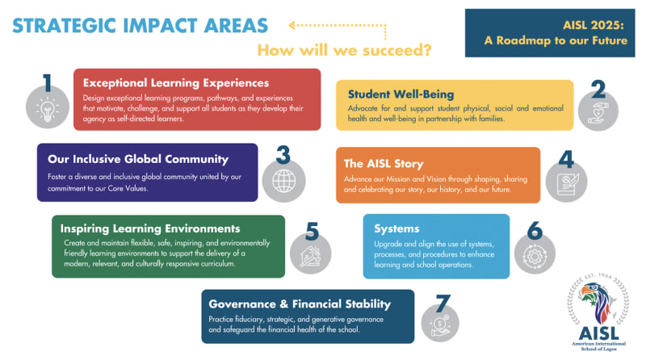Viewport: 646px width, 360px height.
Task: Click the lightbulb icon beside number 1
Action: pyautogui.click(x=48, y=109)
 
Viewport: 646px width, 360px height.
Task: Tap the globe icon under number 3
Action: pyautogui.click(x=284, y=181)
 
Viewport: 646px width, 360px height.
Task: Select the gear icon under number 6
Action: pyautogui.click(x=535, y=256)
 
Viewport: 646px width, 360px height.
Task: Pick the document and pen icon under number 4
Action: pyautogui.click(x=567, y=184)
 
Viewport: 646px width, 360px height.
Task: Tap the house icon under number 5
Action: pyautogui.click(x=310, y=256)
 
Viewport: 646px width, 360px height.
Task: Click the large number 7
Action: pyautogui.click(x=443, y=303)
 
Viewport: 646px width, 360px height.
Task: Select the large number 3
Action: pyautogui.click(x=283, y=155)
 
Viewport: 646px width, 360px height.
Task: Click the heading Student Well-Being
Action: pyautogui.click(x=401, y=94)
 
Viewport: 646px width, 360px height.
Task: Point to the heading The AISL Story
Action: pyautogui.click(x=384, y=164)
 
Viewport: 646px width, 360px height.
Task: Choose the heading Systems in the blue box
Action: pyautogui.click(x=396, y=228)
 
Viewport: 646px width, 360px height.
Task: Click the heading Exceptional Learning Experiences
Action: pyautogui.click(x=176, y=83)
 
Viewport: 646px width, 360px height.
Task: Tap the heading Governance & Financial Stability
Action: pyautogui.click(x=300, y=304)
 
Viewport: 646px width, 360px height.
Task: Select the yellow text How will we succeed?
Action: pyautogui.click(x=345, y=50)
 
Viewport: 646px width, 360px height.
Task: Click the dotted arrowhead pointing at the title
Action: pyautogui.click(x=292, y=26)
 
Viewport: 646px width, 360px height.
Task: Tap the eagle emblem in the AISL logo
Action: pyautogui.click(x=598, y=302)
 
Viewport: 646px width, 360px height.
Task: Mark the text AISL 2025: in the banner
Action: pyautogui.click(x=594, y=25)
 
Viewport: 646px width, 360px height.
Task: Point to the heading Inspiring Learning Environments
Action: pyautogui.click(x=150, y=228)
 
